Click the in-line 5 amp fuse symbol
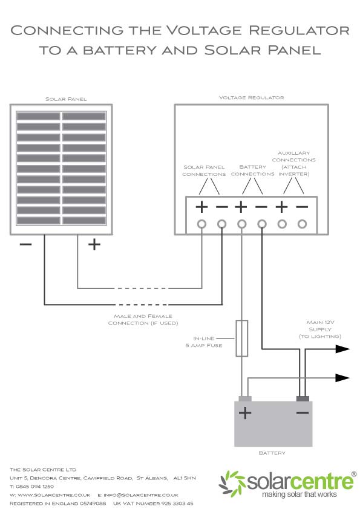[x=241, y=339]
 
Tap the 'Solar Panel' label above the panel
[x=66, y=99]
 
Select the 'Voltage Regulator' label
[x=251, y=97]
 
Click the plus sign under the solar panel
[x=94, y=244]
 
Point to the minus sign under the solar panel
[x=25, y=244]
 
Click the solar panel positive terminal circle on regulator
[x=201, y=224]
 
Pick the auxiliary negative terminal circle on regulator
[x=302, y=224]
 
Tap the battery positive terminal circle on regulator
[x=242, y=224]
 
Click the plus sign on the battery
[x=244, y=413]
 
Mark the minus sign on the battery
[x=303, y=413]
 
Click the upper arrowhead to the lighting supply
[x=342, y=349]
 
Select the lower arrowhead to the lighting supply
[x=342, y=378]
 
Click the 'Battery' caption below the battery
[x=272, y=453]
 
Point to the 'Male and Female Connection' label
[x=143, y=319]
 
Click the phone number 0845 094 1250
[x=34, y=486]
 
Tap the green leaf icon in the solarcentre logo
[x=232, y=484]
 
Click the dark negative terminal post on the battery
[x=303, y=398]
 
